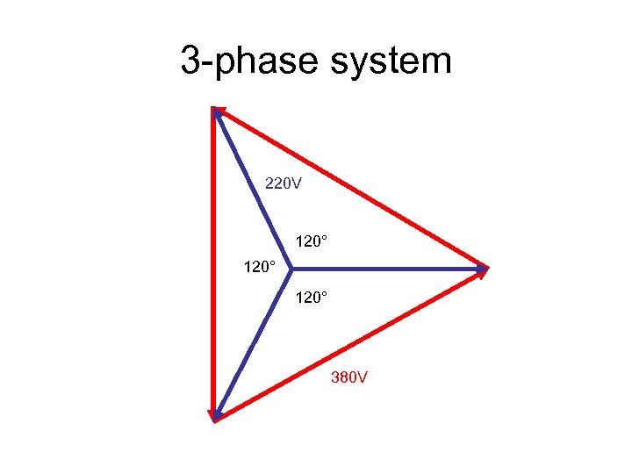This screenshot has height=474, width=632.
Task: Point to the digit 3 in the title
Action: pyautogui.click(x=190, y=61)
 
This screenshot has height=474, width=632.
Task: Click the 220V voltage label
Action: pyautogui.click(x=284, y=183)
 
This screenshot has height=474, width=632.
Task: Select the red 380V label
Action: pyautogui.click(x=349, y=378)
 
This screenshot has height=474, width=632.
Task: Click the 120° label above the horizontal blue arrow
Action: pyautogui.click(x=312, y=240)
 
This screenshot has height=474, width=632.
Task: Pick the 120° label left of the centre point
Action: pyautogui.click(x=260, y=264)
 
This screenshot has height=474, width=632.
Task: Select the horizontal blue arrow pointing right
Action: pyautogui.click(x=386, y=268)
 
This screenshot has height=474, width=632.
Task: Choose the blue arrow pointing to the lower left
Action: pyautogui.click(x=253, y=341)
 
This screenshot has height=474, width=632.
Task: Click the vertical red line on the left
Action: pyautogui.click(x=213, y=263)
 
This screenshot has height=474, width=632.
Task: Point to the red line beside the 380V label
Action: pyautogui.click(x=351, y=342)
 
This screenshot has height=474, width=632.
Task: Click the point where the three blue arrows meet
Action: pyautogui.click(x=291, y=268)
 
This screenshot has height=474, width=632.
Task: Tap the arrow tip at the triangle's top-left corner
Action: pyautogui.click(x=216, y=111)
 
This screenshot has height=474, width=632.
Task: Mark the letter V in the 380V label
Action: pyautogui.click(x=362, y=378)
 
